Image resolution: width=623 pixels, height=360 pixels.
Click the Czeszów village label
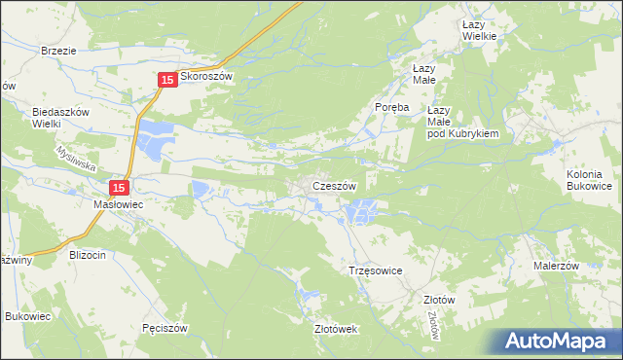(335, 186)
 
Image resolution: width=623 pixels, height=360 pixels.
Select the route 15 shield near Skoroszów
(166, 80)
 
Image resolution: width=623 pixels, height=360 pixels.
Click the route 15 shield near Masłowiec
(119, 187)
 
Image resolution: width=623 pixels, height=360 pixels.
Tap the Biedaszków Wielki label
(61, 118)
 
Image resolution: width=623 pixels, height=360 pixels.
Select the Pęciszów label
(164, 328)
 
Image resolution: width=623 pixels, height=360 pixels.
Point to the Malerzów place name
(556, 266)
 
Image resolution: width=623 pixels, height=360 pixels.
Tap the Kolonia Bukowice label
(589, 179)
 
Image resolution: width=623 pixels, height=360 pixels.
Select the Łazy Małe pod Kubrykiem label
(462, 123)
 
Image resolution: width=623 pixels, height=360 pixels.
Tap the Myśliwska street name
(72, 160)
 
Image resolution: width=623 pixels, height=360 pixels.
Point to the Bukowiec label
(27, 317)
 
